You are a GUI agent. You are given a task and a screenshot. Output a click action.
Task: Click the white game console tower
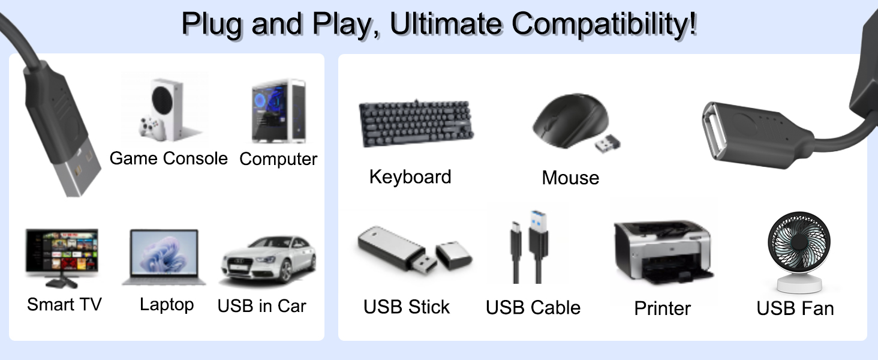click(x=169, y=108)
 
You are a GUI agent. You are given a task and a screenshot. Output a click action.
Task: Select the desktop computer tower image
click(x=278, y=112)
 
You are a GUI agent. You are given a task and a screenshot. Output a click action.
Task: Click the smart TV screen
click(x=61, y=251)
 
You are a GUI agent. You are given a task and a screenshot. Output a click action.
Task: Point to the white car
click(x=268, y=259)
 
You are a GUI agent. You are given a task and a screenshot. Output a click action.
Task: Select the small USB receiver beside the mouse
click(x=608, y=143)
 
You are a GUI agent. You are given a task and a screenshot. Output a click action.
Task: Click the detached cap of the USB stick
click(x=453, y=254)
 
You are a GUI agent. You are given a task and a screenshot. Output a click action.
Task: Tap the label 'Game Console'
click(x=169, y=158)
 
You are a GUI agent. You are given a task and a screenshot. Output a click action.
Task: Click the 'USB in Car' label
click(x=261, y=306)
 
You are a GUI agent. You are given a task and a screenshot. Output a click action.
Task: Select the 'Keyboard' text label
click(x=410, y=177)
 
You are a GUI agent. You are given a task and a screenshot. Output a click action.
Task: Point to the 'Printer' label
click(x=662, y=308)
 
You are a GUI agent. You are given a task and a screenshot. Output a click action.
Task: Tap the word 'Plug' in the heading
click(x=214, y=24)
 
